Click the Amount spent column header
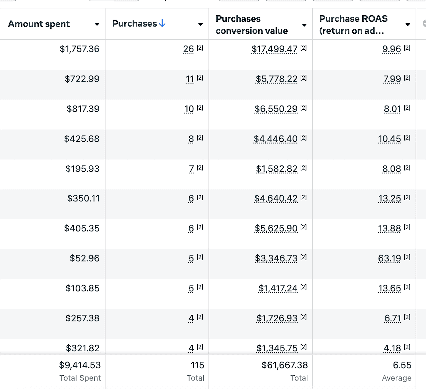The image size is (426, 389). (39, 24)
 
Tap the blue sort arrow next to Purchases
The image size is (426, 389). (162, 23)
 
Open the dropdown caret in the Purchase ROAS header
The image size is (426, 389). (407, 24)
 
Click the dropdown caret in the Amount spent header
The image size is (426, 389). (97, 24)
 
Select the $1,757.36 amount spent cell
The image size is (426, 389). (79, 49)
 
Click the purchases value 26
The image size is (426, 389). (188, 49)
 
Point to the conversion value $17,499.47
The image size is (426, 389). (274, 49)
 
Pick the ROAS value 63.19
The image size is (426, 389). (389, 258)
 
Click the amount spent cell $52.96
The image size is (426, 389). (84, 258)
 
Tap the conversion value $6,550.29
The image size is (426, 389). (276, 109)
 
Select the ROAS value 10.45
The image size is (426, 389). (389, 139)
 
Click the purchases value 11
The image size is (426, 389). (190, 79)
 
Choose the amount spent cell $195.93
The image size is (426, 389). (82, 169)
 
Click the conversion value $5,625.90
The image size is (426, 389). (276, 228)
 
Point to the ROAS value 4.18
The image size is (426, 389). (392, 348)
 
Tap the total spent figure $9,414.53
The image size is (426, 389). (80, 365)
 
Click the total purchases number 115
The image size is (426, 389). (197, 365)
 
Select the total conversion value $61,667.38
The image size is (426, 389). (285, 365)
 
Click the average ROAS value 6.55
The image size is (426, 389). (402, 365)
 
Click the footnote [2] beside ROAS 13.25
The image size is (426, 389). (407, 197)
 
